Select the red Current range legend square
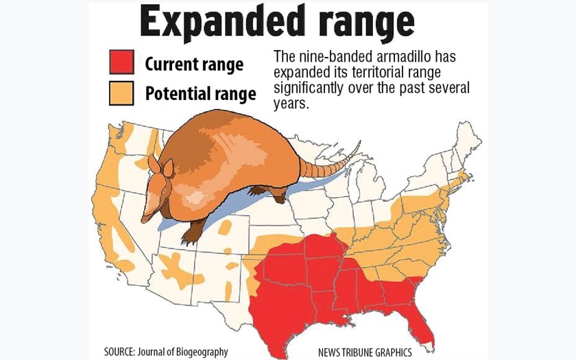pos(121,62)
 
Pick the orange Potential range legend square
pos(121,93)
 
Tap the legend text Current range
pos(194,64)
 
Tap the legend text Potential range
pos(200,94)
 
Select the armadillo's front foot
pos(191,237)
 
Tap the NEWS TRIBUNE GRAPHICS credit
pos(365,352)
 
